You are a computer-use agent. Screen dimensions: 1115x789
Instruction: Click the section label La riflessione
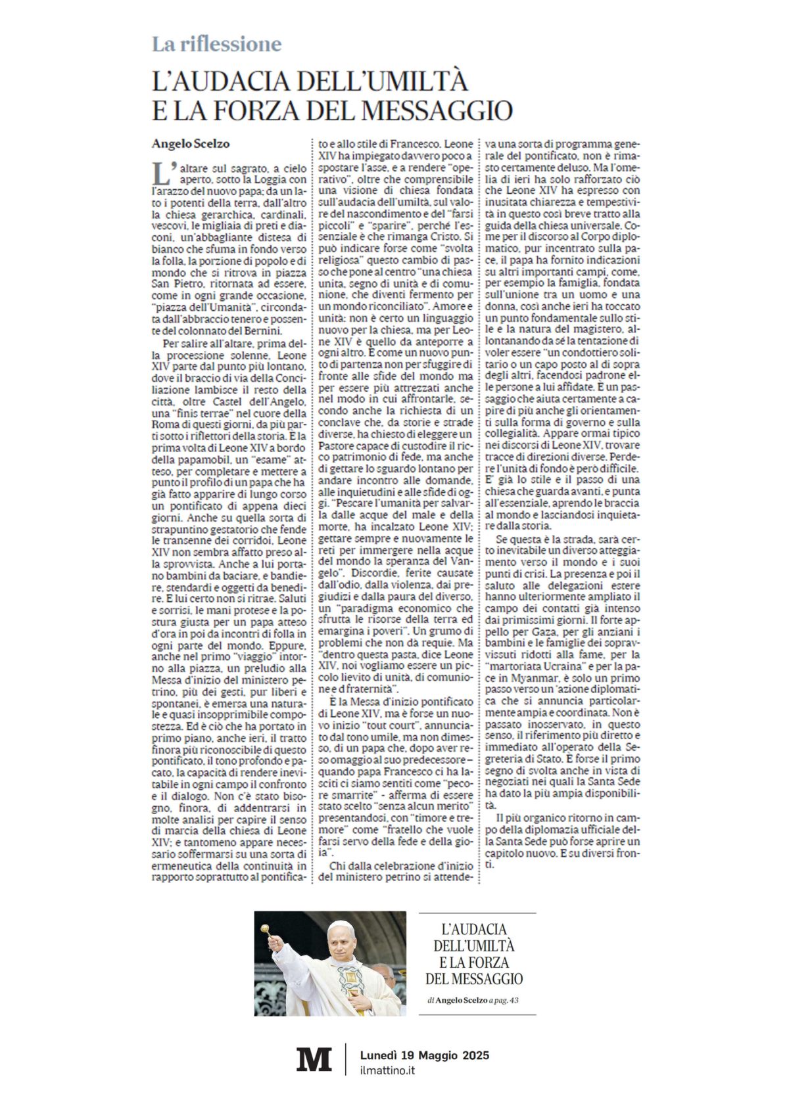point(216,44)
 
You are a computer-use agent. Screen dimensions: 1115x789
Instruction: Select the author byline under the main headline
point(191,143)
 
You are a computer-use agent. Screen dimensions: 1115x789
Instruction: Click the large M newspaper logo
point(314,1060)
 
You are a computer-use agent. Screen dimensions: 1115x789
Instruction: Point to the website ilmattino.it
point(387,1070)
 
